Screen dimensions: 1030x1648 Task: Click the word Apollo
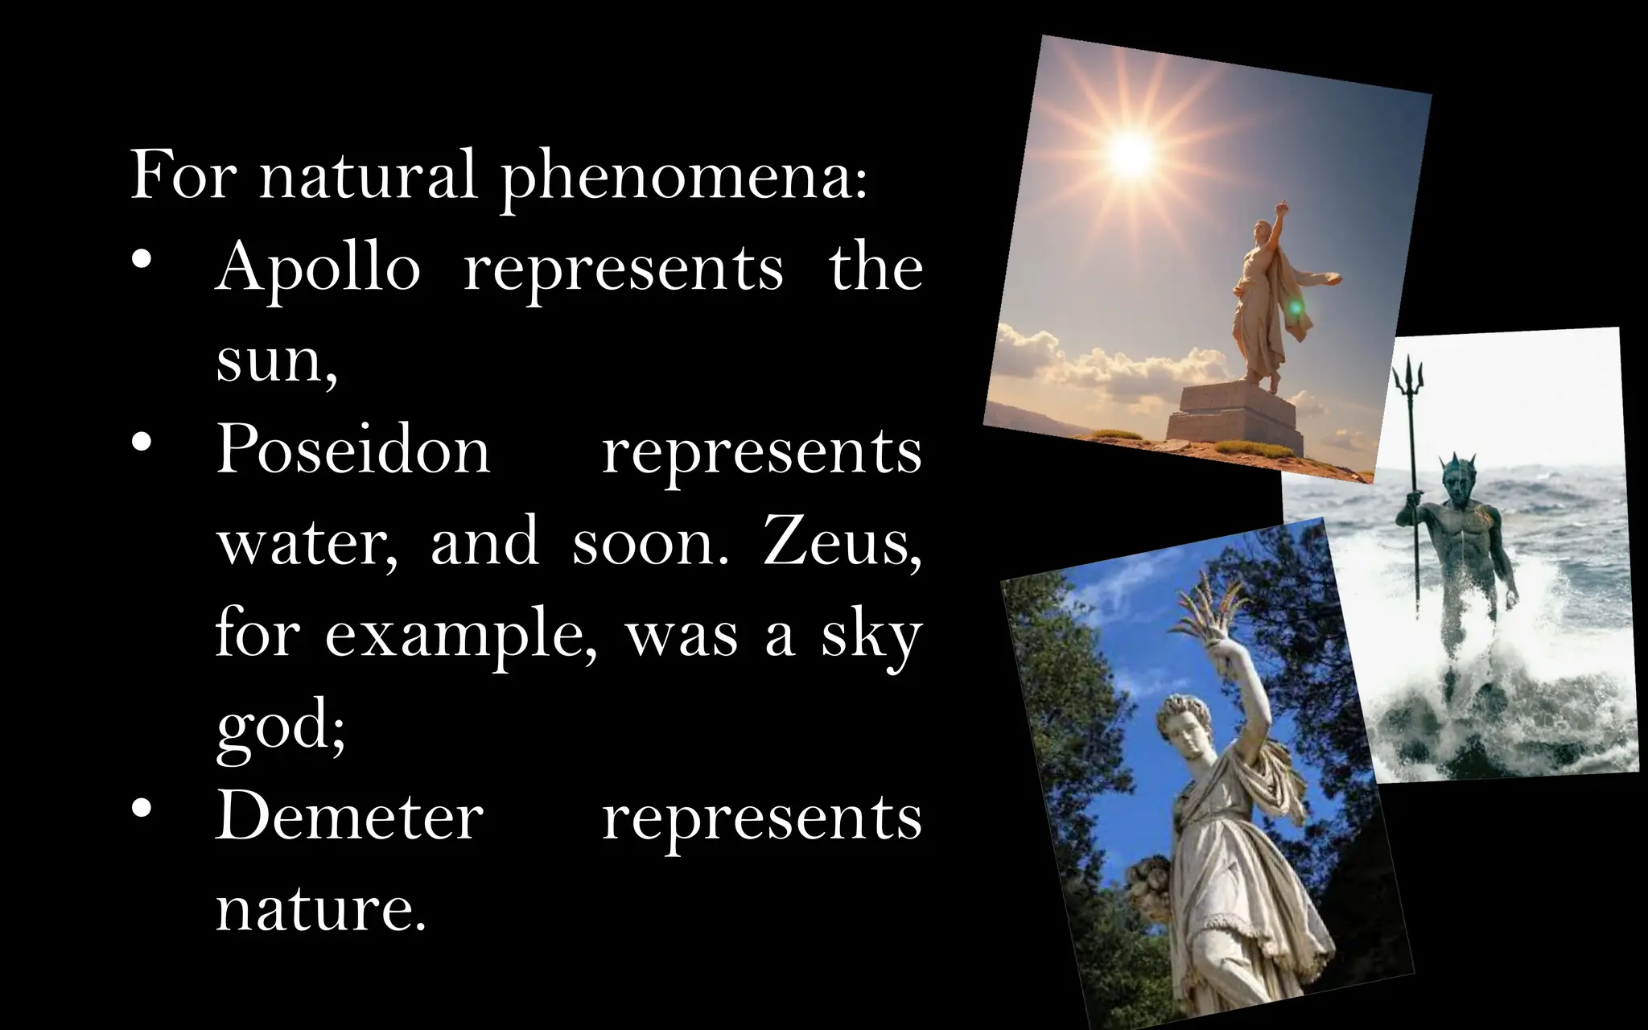coord(318,268)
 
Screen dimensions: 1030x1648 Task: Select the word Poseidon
coord(352,450)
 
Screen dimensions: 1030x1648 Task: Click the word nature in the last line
coord(319,909)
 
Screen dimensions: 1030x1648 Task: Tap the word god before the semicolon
coord(274,727)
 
